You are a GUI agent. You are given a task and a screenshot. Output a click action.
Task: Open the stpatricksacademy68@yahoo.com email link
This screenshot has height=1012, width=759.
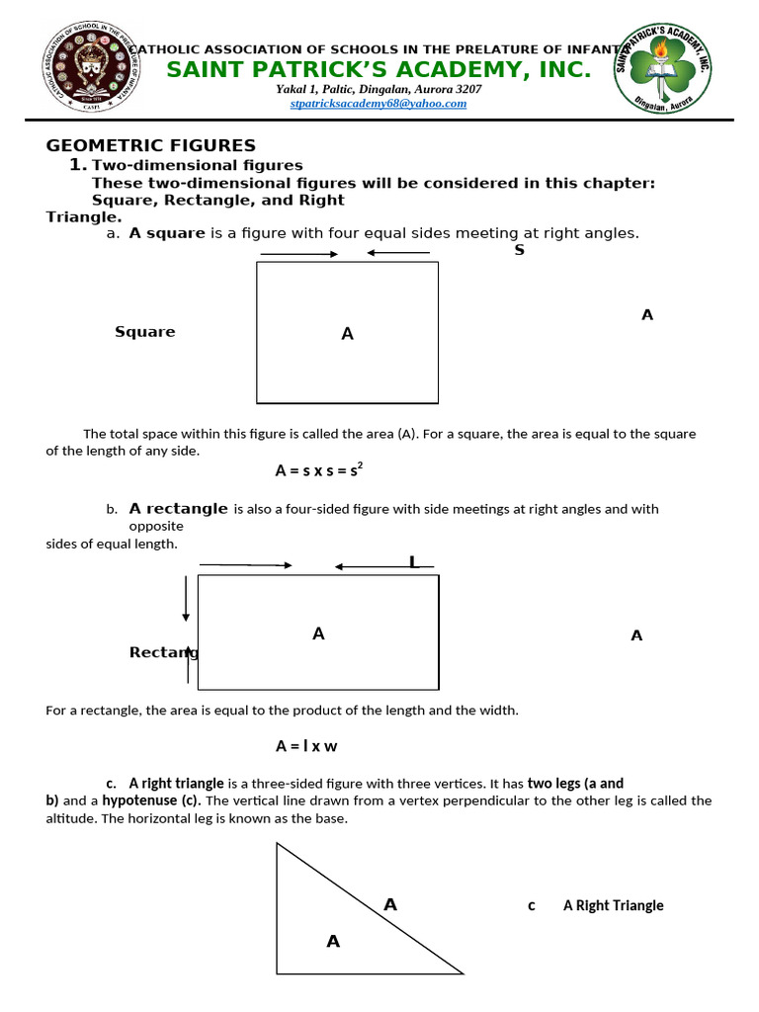point(379,103)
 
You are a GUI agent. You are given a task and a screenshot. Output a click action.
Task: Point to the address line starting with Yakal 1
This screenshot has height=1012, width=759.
point(379,89)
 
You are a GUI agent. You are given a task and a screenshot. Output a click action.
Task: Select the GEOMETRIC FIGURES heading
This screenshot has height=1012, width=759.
point(151,145)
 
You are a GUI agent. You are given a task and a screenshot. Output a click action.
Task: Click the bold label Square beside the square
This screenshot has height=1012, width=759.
point(144,332)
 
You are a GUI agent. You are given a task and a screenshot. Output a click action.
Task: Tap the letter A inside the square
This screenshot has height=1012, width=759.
point(347,334)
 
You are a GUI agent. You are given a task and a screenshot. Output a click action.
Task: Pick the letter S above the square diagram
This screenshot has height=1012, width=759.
point(519,250)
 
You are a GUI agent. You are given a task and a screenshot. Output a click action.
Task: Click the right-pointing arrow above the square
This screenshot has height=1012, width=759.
point(298,254)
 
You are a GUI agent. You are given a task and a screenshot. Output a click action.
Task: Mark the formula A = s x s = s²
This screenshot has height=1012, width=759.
point(319,471)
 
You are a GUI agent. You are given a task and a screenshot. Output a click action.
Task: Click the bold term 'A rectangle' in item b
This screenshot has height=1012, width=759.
point(178,509)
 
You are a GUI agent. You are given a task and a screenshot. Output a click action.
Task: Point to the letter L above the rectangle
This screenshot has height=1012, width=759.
point(413,562)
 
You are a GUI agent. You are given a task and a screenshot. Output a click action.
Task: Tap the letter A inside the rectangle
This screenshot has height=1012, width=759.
point(318,633)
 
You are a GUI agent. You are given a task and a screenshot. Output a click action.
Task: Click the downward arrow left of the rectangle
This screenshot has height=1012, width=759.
point(186,602)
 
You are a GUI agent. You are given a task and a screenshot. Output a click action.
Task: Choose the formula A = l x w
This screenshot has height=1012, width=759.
point(306,746)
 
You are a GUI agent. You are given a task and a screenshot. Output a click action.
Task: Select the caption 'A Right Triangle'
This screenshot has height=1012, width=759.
point(613,905)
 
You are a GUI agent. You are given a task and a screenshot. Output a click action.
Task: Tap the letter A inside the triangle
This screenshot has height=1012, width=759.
point(333,942)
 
